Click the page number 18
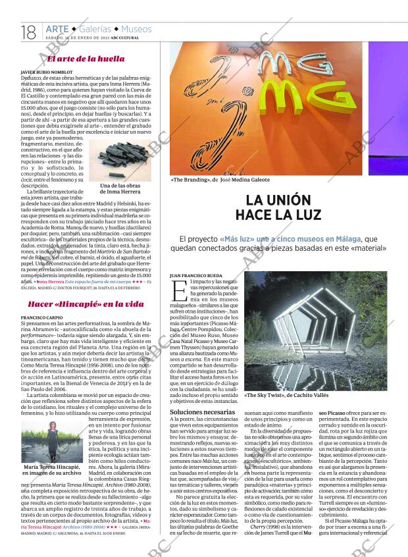click(28, 32)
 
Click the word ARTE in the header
click(57, 29)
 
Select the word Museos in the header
click(136, 29)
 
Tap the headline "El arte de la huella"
click(86, 59)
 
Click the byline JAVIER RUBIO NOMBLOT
click(47, 70)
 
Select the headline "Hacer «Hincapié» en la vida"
click(86, 304)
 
